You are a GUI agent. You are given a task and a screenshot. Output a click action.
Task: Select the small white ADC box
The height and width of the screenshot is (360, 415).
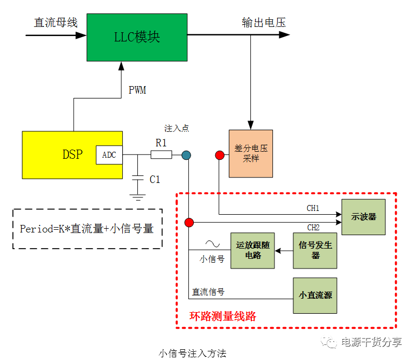tap(109, 155)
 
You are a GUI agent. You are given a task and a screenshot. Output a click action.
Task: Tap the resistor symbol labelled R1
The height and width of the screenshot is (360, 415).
tap(161, 155)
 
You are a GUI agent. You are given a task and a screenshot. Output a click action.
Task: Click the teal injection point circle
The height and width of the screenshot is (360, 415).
tap(186, 156)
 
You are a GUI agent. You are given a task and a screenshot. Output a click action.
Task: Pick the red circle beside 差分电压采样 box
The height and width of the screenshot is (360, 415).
tap(220, 156)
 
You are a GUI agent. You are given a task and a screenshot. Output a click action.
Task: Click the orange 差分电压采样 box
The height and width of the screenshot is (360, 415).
tap(251, 153)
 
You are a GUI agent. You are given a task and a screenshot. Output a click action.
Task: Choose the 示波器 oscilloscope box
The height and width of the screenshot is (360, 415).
tap(364, 217)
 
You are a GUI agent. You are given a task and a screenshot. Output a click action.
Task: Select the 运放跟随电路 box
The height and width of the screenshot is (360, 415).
tap(252, 250)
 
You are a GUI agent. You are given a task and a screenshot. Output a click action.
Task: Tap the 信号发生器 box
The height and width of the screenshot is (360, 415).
tap(315, 250)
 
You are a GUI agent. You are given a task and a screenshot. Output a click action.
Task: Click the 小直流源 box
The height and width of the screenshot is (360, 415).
tap(315, 295)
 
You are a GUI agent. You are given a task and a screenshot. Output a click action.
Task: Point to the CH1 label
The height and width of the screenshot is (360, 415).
tap(313, 208)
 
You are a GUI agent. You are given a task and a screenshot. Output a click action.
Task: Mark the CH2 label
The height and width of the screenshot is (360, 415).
tap(313, 227)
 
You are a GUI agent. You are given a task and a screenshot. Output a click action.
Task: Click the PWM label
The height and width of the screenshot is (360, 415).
tap(137, 90)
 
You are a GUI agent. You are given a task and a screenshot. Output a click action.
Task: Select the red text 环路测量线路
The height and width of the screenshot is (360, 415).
tap(223, 316)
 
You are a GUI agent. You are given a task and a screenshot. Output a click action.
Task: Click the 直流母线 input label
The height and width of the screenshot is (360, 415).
tap(56, 23)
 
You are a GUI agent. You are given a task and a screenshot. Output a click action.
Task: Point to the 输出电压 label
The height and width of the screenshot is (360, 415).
tap(264, 23)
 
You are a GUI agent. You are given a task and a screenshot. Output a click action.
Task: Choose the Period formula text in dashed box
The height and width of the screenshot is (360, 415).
tap(87, 229)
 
